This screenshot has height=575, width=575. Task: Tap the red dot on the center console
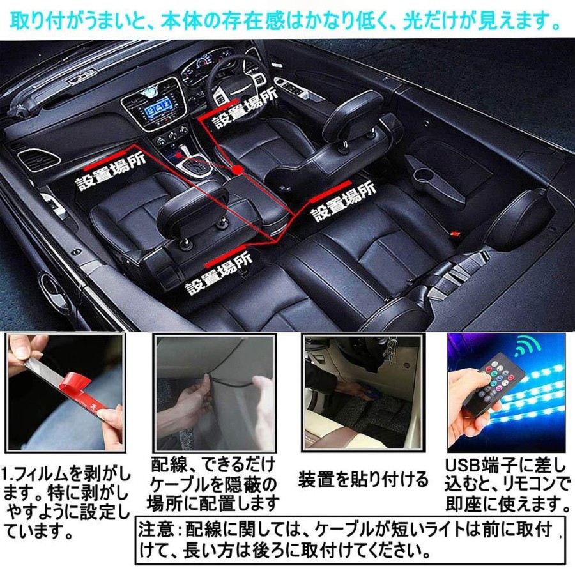pos(238,170)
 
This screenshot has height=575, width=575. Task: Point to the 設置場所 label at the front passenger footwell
pos(111,171)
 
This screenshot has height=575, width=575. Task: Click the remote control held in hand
pos(487,388)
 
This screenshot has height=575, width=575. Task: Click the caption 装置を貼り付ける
pos(363,480)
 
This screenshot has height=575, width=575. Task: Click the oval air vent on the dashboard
pos(39,159)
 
